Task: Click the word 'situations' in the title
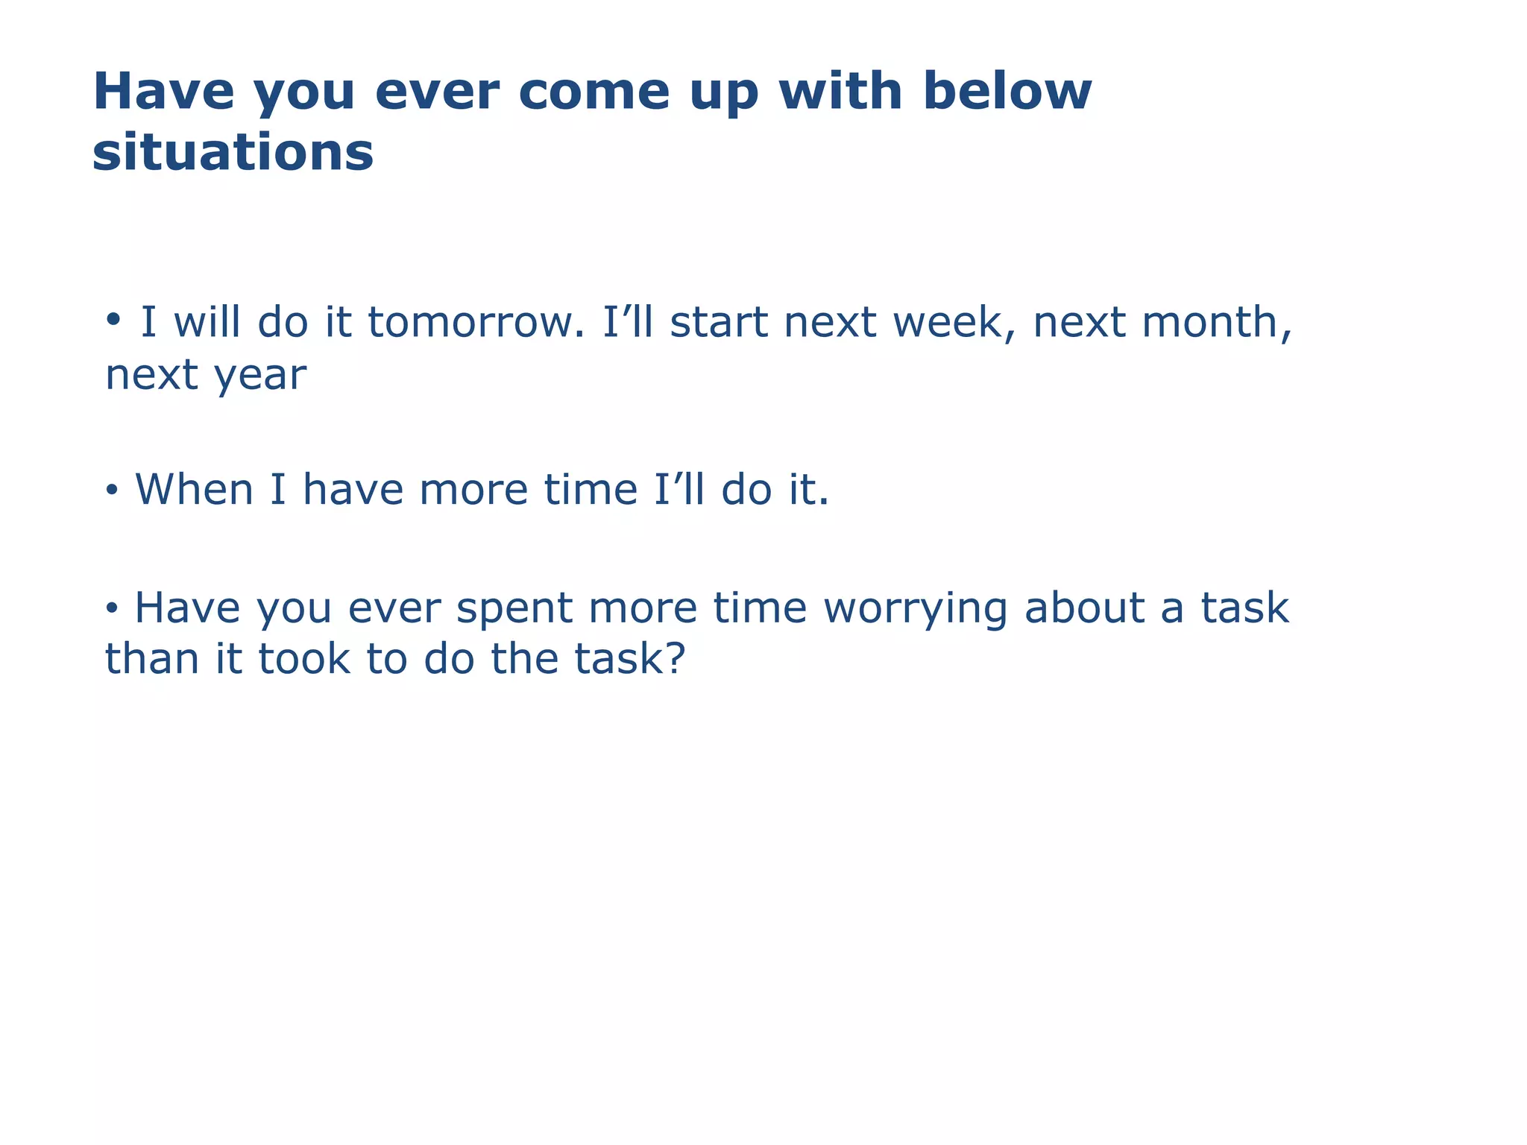tap(233, 152)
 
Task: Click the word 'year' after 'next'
tap(260, 375)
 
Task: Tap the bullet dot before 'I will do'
tap(113, 320)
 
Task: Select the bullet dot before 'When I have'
tap(112, 491)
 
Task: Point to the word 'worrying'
tap(916, 608)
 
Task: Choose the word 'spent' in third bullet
tap(514, 608)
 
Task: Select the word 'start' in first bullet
tap(718, 322)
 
